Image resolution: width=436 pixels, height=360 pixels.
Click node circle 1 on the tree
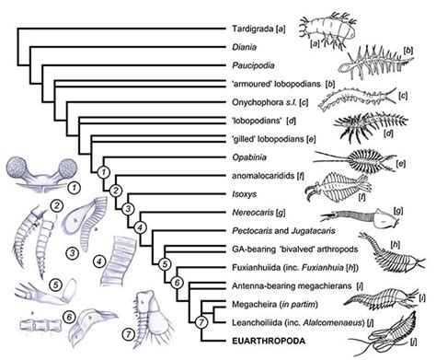[x=105, y=172]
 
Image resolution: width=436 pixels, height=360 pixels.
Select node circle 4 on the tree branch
[x=140, y=226]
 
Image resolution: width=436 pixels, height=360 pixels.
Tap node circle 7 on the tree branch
[x=201, y=320]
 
